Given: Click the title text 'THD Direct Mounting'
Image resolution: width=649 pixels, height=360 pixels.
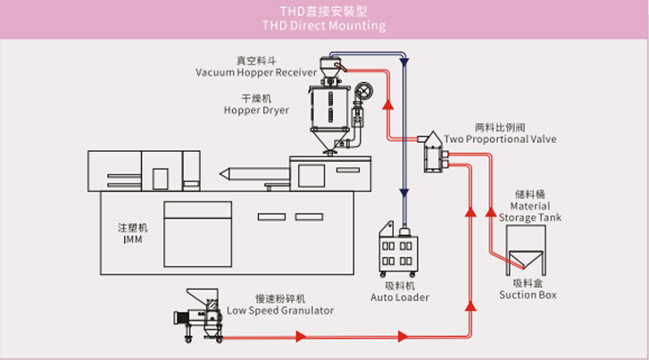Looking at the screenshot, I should pyautogui.click(x=324, y=26).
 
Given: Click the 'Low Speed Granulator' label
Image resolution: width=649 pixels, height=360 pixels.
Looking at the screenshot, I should pyautogui.click(x=280, y=310).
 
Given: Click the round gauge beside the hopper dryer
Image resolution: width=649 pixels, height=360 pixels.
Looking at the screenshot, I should pyautogui.click(x=364, y=92).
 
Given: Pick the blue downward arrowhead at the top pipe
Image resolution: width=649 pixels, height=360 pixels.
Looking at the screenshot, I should pyautogui.click(x=404, y=63).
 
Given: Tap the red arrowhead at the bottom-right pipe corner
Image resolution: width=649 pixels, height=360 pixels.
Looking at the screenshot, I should pyautogui.click(x=470, y=305).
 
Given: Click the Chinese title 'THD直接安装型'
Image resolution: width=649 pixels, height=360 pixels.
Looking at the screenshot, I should pyautogui.click(x=324, y=11).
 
